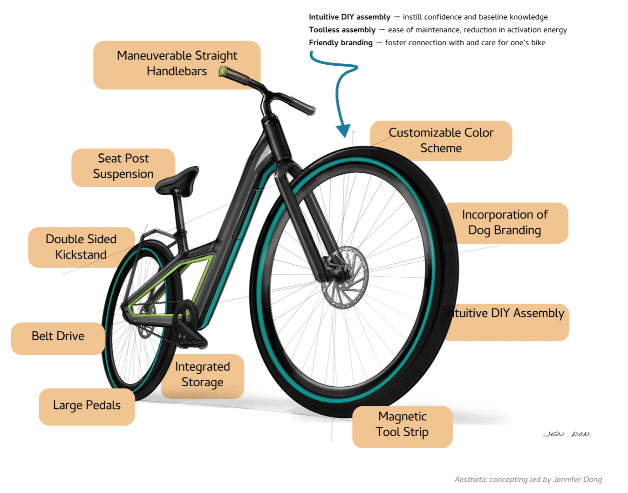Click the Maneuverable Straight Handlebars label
[177, 64]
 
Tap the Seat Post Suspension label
[123, 166]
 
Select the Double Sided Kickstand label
[81, 247]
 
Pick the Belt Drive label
[58, 336]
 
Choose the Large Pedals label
[87, 406]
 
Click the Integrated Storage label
[202, 375]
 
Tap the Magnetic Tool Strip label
[402, 425]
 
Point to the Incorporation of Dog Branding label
[505, 223]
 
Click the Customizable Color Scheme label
[441, 140]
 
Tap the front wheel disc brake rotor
[345, 278]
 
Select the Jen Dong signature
[567, 434]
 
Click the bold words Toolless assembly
[342, 30]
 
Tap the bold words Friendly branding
[341, 43]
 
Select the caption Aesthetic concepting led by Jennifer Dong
[528, 479]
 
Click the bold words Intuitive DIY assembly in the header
[349, 17]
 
